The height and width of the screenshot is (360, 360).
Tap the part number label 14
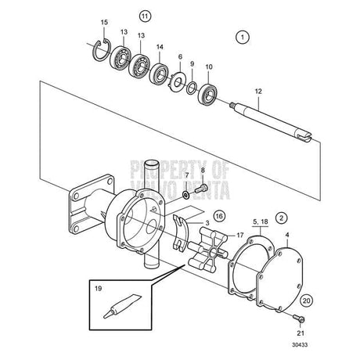point(160,46)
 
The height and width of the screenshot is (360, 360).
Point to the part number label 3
point(207,223)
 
